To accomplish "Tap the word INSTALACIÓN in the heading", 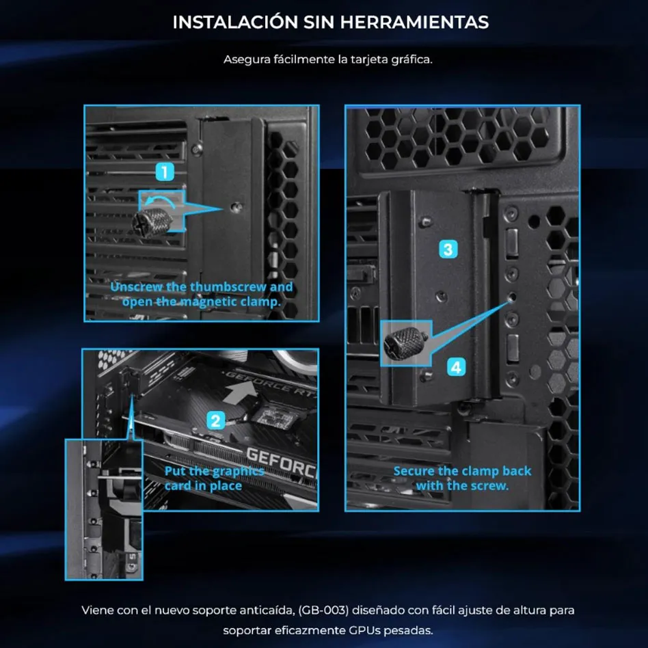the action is (235, 21).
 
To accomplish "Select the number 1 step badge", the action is (165, 172).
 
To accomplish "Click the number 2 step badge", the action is (215, 420).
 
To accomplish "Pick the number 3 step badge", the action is (448, 249).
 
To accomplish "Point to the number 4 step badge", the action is (456, 367).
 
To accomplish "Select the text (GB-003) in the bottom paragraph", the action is (323, 610).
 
